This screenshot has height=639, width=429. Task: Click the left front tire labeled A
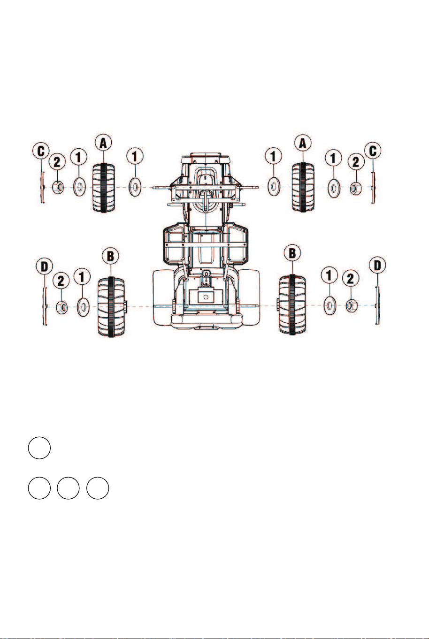104,187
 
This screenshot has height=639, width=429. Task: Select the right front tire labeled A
303,187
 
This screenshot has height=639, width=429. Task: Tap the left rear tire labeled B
111,307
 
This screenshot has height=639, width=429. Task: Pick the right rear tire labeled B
292,304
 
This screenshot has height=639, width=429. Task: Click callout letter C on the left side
41,151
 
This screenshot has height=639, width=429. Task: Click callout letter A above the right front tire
303,143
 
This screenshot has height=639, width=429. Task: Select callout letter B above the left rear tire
110,256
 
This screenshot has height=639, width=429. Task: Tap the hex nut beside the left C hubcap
59,187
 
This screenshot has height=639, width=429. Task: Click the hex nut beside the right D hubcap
352,305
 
